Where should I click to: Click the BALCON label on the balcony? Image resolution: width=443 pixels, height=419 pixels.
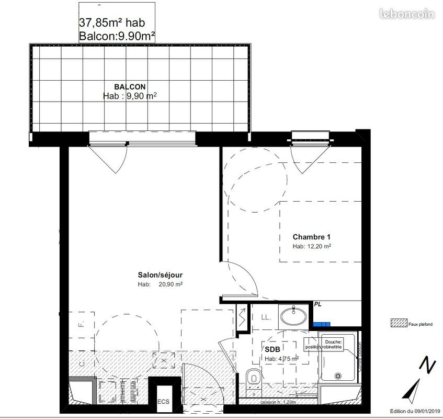130,86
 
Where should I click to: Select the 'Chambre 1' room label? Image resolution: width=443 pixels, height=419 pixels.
312,237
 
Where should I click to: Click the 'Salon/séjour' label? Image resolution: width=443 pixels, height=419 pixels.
160,274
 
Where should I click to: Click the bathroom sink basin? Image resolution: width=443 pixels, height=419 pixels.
295,316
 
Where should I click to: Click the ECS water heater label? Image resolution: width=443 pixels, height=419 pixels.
164,402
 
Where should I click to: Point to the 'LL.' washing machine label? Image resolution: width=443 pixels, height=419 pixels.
265,318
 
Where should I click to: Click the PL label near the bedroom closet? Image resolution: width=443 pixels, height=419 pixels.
317,304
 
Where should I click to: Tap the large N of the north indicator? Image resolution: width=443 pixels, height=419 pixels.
428,365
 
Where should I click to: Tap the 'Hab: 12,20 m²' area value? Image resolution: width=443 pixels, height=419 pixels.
312,246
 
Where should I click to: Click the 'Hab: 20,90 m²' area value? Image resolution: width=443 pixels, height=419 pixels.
160,284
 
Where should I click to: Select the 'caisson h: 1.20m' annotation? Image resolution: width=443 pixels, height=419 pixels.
278,402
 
